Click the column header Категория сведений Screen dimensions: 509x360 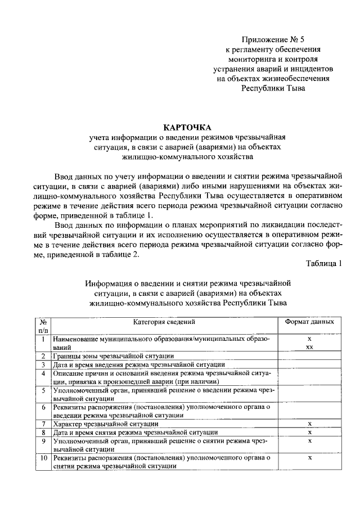(x=164, y=322)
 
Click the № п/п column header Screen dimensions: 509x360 (x=43, y=326)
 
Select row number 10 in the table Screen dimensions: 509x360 (x=43, y=458)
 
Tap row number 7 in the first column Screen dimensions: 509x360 (x=43, y=423)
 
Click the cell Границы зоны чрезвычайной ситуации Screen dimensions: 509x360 (x=114, y=356)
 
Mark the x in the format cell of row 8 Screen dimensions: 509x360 (x=309, y=432)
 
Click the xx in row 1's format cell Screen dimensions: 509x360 (x=309, y=348)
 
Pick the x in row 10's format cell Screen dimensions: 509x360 (x=309, y=458)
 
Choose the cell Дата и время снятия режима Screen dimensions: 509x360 (x=136, y=432)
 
